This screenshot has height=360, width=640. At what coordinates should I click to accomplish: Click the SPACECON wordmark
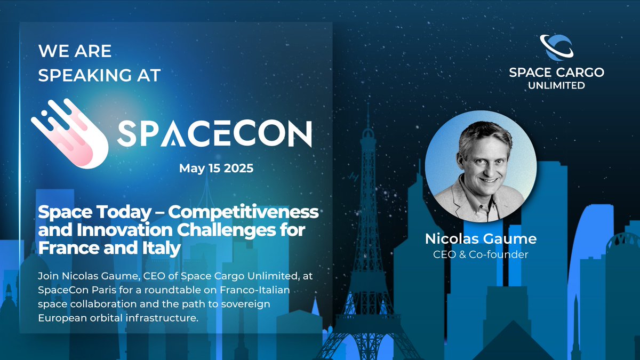pos(214,133)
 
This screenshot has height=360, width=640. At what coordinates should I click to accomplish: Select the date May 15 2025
pos(216,169)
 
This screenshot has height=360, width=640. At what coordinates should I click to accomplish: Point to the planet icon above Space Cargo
pos(556,47)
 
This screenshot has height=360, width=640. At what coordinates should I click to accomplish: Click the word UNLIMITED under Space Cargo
pos(556,85)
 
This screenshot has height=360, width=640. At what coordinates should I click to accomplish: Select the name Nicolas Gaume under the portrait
pos(481,239)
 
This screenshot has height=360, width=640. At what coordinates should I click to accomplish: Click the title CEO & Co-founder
pos(481,254)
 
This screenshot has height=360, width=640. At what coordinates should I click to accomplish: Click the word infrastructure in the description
pos(159,318)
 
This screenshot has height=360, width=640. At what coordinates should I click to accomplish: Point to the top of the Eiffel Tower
pos(366,115)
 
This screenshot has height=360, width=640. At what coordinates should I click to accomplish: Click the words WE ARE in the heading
pos(75,51)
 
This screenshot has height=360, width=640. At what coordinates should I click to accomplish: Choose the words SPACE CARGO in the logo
pos(556,73)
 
